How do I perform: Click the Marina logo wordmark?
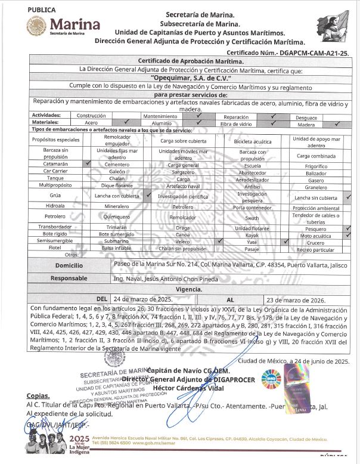[x=75, y=25]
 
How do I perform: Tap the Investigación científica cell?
[x=183, y=196]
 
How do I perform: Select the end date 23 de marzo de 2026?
[x=294, y=299]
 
